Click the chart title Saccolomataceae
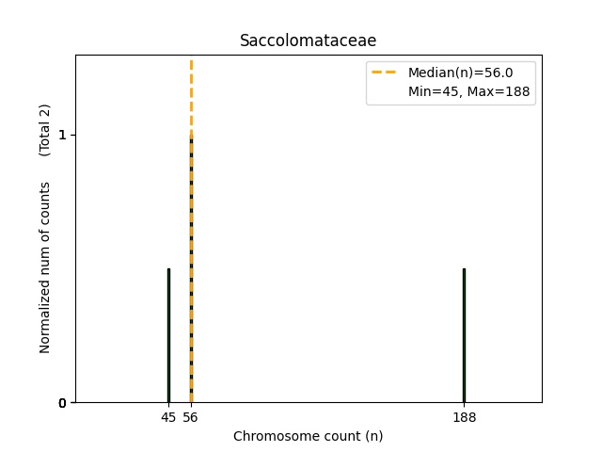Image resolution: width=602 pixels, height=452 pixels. click(308, 40)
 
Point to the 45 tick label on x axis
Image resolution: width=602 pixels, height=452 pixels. click(168, 417)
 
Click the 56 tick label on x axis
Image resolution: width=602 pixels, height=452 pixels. click(191, 417)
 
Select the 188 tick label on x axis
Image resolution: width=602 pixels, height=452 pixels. click(464, 417)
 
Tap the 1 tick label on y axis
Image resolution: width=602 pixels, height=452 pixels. click(62, 135)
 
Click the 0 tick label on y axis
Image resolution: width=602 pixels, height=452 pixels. click(62, 403)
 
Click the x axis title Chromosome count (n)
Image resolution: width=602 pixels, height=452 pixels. click(308, 436)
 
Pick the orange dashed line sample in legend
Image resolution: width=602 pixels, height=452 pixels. click(384, 73)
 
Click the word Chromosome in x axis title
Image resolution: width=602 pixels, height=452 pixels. click(272, 436)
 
